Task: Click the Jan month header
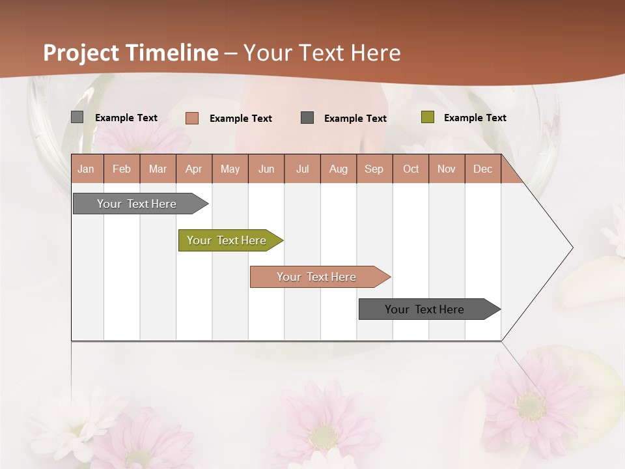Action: pyautogui.click(x=86, y=169)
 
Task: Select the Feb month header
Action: pyautogui.click(x=122, y=169)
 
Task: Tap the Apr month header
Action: pyautogui.click(x=193, y=169)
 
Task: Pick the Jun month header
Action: pyautogui.click(x=266, y=169)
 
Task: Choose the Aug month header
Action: pyautogui.click(x=338, y=169)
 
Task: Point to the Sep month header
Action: pyautogui.click(x=374, y=169)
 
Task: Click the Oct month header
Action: pyautogui.click(x=411, y=169)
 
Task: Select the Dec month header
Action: pyautogui.click(x=482, y=169)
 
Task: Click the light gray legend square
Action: pyautogui.click(x=77, y=117)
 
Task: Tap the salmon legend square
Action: pyautogui.click(x=192, y=118)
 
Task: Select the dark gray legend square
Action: pyautogui.click(x=307, y=118)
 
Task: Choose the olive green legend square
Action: pyautogui.click(x=427, y=117)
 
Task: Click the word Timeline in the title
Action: pyautogui.click(x=172, y=53)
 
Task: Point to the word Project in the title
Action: pyautogui.click(x=81, y=53)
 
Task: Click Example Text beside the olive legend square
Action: pyautogui.click(x=475, y=118)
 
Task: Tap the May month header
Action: pyautogui.click(x=230, y=169)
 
